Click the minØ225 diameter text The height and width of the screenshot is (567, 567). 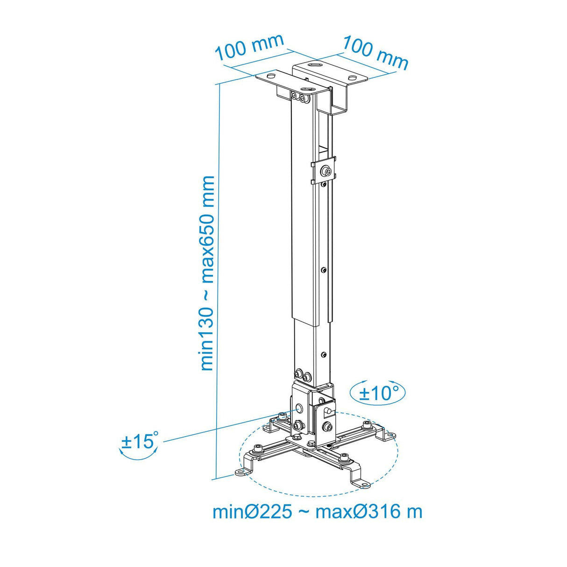[x=253, y=511]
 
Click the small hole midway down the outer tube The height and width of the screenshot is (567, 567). [x=323, y=269]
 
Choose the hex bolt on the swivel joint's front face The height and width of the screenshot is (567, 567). [x=326, y=426]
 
